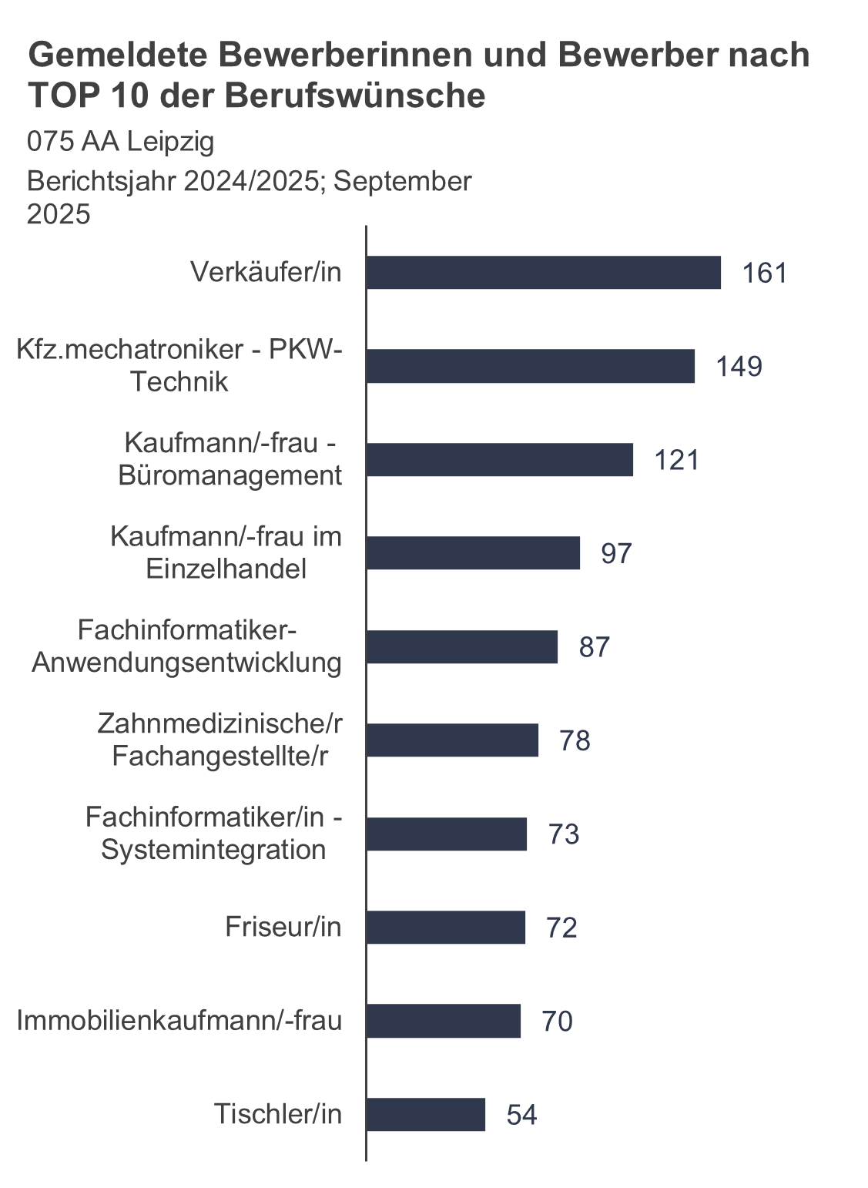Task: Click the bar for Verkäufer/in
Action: coord(543,273)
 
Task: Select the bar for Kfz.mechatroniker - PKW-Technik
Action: coord(530,366)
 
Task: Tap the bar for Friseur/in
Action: coord(445,928)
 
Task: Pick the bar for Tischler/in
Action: coord(425,1115)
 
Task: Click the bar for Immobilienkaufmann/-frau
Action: coord(443,1021)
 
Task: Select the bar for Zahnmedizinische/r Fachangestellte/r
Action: coord(452,740)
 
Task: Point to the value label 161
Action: coord(764,274)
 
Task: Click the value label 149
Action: coord(739,367)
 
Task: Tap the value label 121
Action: coord(676,460)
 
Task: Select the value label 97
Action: coord(616,554)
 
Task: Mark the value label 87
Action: coord(594,647)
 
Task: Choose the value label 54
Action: coord(521,1116)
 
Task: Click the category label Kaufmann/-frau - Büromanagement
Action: coord(230,460)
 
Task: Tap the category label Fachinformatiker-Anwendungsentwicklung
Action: coord(186,647)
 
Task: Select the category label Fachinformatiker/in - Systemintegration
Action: coord(213,834)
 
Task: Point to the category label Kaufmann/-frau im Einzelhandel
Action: coord(226,553)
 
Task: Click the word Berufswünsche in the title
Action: coord(355,96)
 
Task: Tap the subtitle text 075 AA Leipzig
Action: coord(120,142)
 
